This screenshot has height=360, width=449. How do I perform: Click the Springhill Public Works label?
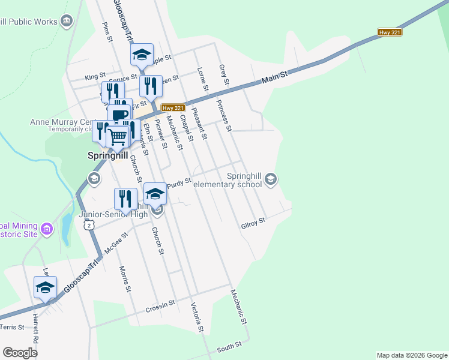28,22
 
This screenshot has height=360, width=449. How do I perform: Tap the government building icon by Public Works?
66,22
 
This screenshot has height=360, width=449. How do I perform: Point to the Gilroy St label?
253,224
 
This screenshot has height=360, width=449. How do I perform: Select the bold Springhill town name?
106,155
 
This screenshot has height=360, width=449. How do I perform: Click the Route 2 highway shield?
89,224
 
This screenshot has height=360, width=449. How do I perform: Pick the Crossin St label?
160,307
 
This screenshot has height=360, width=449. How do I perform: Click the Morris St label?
124,278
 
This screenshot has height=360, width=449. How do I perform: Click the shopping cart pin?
118,137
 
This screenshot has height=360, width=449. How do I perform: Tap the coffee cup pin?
120,115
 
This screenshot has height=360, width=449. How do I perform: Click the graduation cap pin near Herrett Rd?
45,287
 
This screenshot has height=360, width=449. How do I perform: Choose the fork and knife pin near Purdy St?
125,198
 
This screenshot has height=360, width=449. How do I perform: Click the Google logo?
20,352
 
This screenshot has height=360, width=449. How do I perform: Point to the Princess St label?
224,115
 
